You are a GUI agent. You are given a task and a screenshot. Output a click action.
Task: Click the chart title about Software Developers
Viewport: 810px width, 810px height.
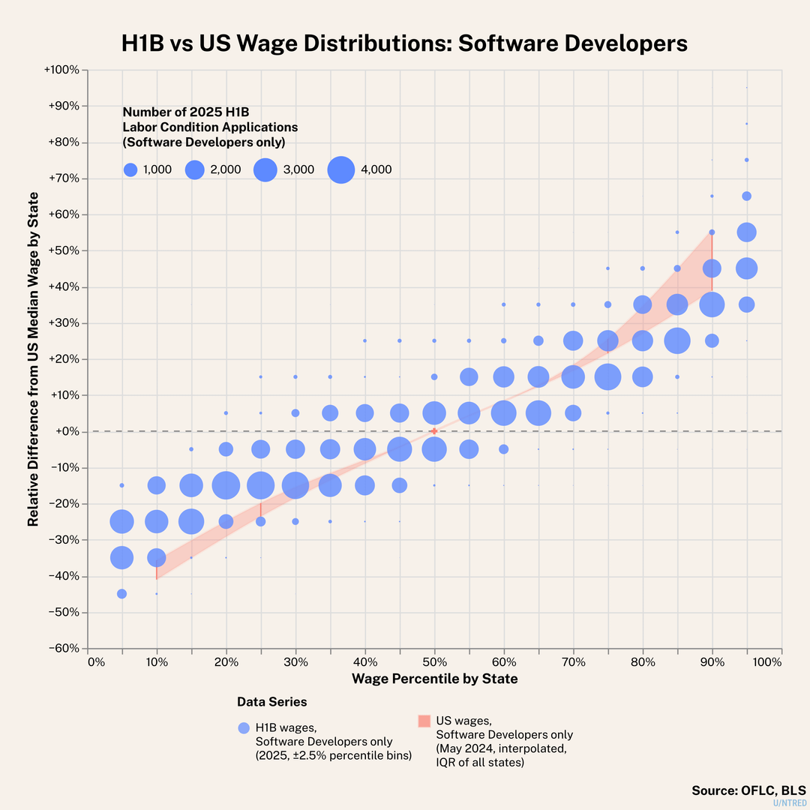pyautogui.click(x=405, y=43)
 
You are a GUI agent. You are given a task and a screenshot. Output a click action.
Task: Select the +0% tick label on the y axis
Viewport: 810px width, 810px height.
pyautogui.click(x=67, y=431)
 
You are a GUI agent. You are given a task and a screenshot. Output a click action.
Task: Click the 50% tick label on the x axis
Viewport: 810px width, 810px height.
pyautogui.click(x=435, y=662)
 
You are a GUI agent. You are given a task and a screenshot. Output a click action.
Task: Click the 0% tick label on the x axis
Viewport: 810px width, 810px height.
pyautogui.click(x=95, y=662)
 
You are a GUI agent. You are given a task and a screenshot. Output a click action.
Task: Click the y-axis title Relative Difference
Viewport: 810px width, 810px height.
pyautogui.click(x=34, y=358)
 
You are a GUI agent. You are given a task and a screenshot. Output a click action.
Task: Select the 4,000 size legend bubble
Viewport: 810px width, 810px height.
pyautogui.click(x=341, y=170)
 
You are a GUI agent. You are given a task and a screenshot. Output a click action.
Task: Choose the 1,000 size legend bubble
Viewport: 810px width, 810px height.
pyautogui.click(x=130, y=170)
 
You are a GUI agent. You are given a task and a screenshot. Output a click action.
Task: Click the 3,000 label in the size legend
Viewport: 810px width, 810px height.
pyautogui.click(x=298, y=170)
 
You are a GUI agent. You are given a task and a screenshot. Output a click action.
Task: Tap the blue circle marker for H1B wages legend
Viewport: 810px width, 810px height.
pyautogui.click(x=243, y=727)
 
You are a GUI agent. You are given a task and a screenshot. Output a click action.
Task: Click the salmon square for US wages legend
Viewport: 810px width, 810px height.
pyautogui.click(x=424, y=721)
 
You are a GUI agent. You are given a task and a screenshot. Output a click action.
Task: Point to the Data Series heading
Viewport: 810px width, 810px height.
pyautogui.click(x=271, y=702)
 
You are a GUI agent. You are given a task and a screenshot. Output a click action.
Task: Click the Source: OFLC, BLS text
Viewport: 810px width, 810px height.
pyautogui.click(x=748, y=790)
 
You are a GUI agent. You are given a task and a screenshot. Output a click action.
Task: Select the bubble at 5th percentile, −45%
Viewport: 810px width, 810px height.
pyautogui.click(x=121, y=594)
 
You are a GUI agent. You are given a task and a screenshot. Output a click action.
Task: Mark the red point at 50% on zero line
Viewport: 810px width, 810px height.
pyautogui.click(x=434, y=431)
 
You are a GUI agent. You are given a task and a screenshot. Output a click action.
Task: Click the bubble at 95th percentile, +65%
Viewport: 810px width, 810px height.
pyautogui.click(x=746, y=196)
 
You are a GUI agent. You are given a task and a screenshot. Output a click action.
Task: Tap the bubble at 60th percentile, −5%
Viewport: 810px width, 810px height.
pyautogui.click(x=504, y=449)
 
